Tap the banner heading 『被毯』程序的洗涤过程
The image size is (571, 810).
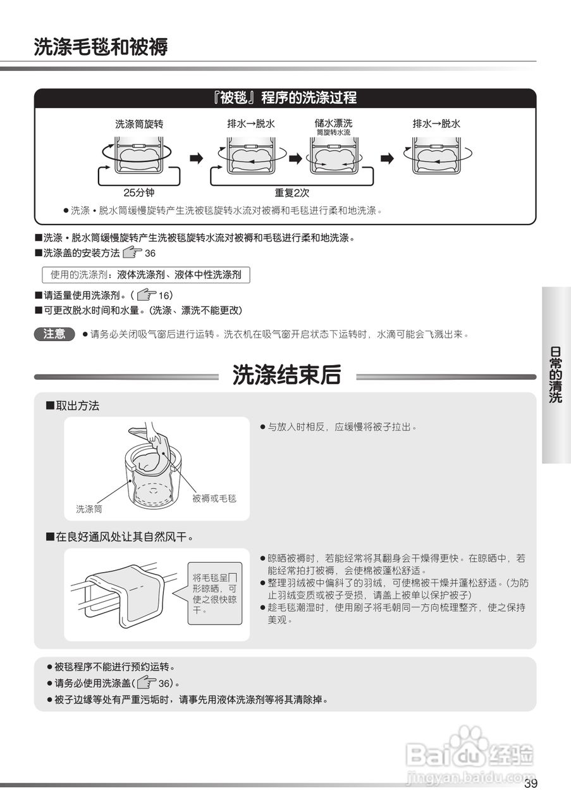pos(285,97)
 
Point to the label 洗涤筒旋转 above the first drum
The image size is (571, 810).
pos(134,124)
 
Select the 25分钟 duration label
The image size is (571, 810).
pos(138,192)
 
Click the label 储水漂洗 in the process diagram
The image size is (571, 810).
pos(333,123)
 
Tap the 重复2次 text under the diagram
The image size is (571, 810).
pos(292,192)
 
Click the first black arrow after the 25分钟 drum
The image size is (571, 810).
pos(197,158)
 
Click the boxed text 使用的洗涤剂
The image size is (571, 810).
pos(145,275)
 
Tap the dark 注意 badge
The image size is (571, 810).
pos(54,334)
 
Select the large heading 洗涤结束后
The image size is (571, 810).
pos(286,375)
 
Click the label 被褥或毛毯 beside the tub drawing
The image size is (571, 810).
pos(214,499)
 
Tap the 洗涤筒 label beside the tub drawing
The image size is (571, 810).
pos(89,509)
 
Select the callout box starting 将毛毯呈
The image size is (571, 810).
pos(214,594)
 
